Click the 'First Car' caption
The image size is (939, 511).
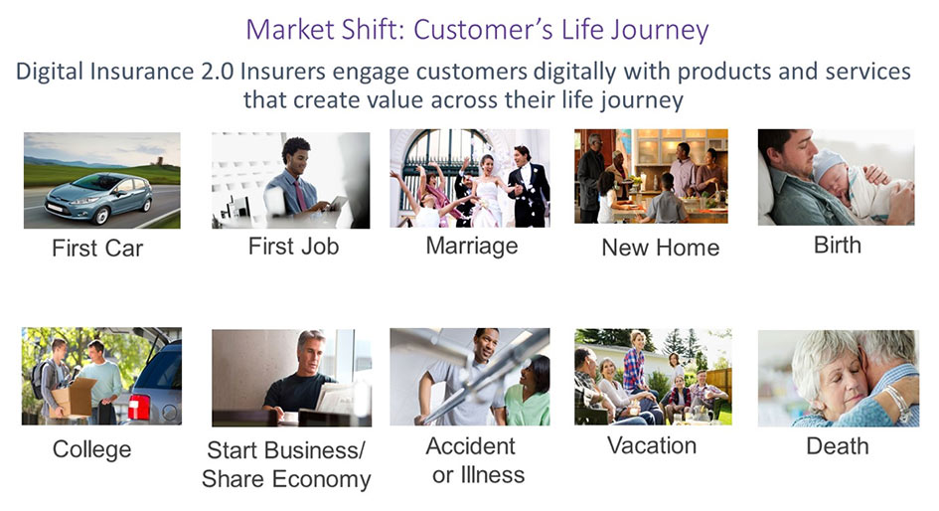(97, 248)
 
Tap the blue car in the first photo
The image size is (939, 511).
(98, 198)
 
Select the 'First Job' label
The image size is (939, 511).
(293, 247)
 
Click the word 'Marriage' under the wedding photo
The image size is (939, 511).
(472, 247)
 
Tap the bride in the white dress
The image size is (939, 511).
(488, 191)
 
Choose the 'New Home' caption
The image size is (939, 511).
(661, 248)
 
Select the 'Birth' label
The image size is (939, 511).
(838, 245)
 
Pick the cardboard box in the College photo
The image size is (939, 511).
(74, 398)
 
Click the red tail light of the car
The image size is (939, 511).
(139, 407)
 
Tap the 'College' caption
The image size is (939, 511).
(91, 449)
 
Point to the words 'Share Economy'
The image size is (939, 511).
(286, 479)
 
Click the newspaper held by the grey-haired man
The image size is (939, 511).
(336, 398)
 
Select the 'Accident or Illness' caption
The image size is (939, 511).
(476, 460)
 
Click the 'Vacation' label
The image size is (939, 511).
(652, 445)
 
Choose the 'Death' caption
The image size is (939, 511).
(838, 446)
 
